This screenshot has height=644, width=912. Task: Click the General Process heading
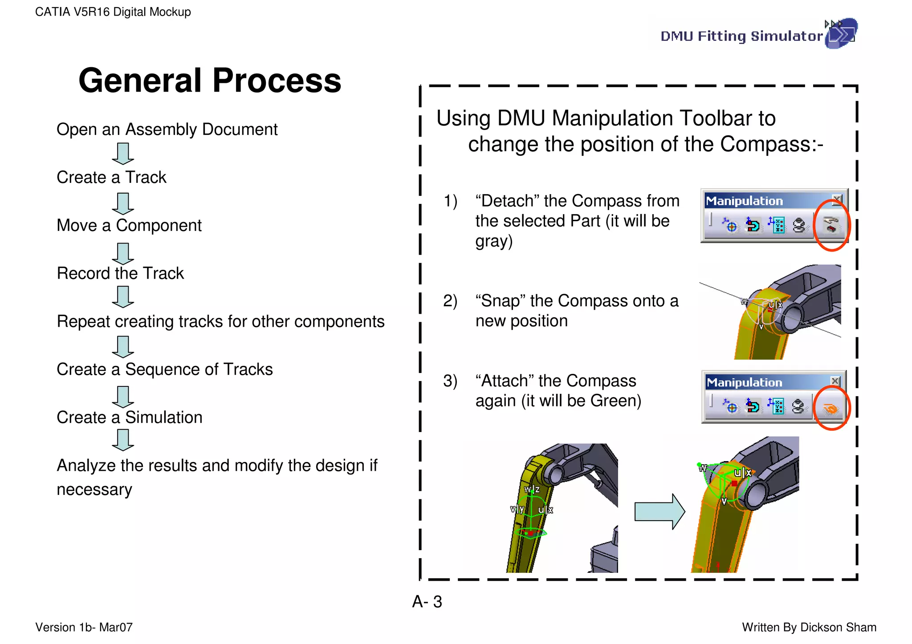[x=210, y=81]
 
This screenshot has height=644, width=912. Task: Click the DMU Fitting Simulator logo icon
[x=841, y=33]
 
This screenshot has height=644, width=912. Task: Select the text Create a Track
[x=111, y=177]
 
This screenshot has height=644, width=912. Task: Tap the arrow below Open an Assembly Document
[x=123, y=154]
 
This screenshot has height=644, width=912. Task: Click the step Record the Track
[x=120, y=273]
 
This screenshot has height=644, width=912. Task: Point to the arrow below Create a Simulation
[x=123, y=440]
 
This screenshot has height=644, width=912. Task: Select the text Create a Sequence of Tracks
[x=165, y=369]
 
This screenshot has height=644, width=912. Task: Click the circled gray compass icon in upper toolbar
[x=831, y=225]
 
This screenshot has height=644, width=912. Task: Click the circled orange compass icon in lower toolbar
[x=831, y=408]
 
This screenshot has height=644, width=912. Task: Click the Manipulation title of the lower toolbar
[x=744, y=382]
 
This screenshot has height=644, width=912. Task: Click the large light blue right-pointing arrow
[x=660, y=511]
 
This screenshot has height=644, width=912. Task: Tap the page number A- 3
[x=427, y=602]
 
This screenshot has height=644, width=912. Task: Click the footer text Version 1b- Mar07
[x=84, y=627]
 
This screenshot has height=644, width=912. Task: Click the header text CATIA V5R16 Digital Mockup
[x=113, y=12]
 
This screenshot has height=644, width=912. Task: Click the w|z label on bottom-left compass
[x=532, y=489]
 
